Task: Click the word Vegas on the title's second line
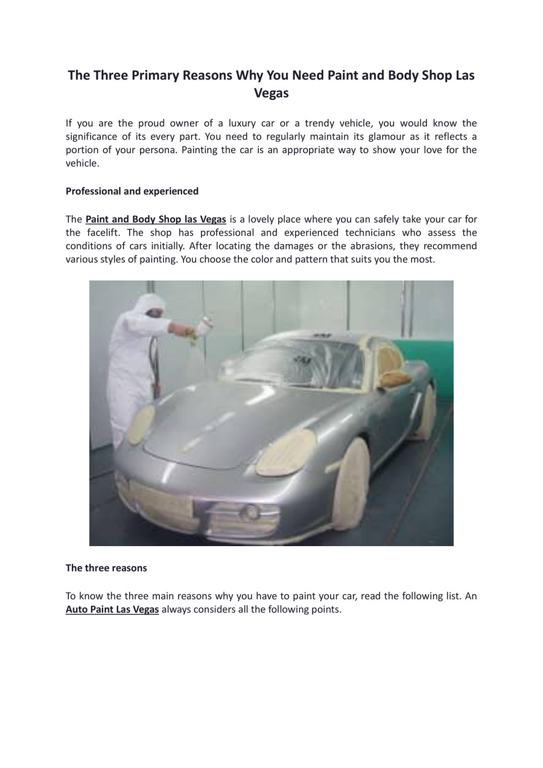(x=271, y=93)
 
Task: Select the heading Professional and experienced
(x=132, y=191)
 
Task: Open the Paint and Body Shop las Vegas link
(x=156, y=219)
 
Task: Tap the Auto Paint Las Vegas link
(x=112, y=609)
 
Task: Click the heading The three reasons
(x=106, y=568)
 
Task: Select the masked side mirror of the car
(x=395, y=379)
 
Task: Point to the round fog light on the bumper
(x=249, y=513)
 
